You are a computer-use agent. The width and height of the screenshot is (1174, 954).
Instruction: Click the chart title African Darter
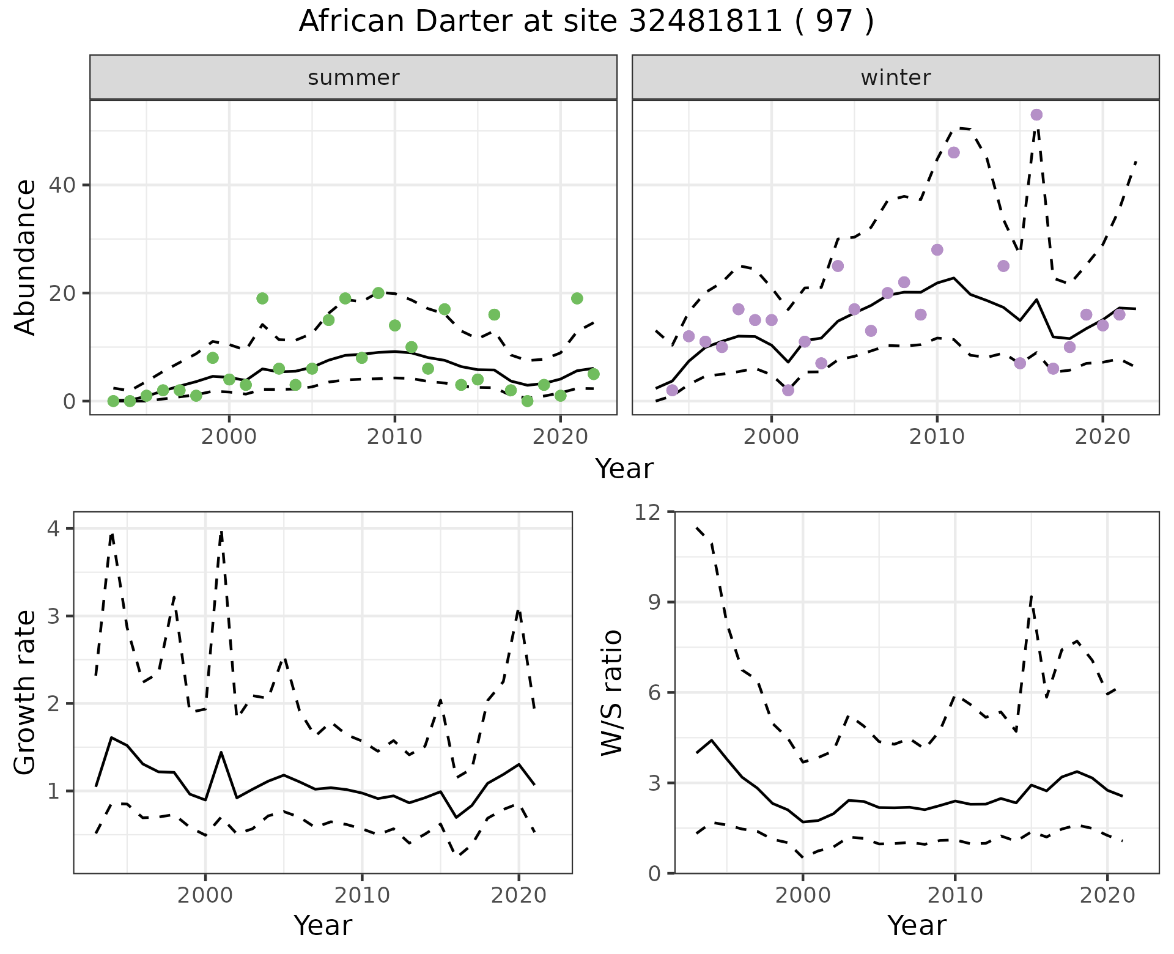point(586,22)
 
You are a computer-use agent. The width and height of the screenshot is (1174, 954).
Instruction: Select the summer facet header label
point(353,78)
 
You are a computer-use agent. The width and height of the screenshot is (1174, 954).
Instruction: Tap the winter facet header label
point(895,78)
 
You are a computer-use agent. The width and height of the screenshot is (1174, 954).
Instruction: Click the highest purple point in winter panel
point(1036,115)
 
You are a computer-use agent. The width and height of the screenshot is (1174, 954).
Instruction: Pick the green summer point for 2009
point(378,293)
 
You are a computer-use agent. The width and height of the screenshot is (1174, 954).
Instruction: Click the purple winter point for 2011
point(954,152)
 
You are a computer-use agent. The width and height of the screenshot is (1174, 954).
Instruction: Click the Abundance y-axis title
point(26,257)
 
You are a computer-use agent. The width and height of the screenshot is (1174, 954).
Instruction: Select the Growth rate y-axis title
point(26,692)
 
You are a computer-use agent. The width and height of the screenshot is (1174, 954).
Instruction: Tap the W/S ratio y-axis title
point(612,692)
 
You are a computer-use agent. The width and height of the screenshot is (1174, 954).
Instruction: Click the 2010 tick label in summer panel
point(394,437)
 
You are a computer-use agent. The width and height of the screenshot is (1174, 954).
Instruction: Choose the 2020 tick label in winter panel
point(1102,437)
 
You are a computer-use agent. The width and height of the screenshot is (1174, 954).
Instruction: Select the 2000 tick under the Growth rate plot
point(205,896)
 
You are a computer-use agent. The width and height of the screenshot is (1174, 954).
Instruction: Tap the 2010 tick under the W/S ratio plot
point(954,896)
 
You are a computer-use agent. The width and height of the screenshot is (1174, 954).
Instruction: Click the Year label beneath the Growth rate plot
point(323,926)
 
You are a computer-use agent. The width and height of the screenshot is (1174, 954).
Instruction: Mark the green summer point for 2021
point(577,298)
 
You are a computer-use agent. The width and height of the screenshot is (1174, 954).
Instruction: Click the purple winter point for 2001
point(788,390)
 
